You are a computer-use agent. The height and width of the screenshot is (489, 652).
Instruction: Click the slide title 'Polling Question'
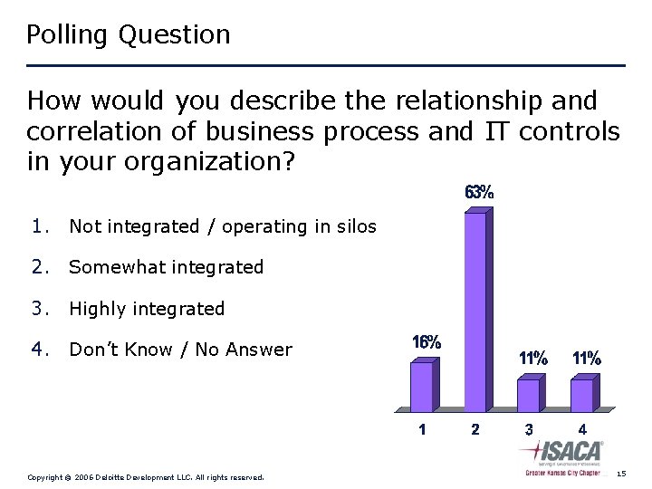[129, 35]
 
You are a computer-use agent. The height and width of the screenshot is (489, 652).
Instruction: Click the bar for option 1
[423, 387]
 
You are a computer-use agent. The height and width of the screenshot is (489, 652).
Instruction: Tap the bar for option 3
[529, 395]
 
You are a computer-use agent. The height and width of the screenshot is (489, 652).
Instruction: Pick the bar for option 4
[582, 395]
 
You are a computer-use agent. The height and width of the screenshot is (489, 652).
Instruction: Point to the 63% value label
[479, 193]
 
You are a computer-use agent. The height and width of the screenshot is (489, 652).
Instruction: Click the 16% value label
[427, 343]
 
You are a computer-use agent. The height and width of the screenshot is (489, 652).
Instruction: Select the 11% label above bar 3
[532, 359]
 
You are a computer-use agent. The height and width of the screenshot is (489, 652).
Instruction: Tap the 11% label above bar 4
[586, 359]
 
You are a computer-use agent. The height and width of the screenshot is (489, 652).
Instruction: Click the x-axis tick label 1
[423, 429]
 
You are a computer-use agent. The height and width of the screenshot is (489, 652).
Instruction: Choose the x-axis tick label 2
[475, 429]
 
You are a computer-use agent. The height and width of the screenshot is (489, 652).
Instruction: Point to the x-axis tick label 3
[529, 429]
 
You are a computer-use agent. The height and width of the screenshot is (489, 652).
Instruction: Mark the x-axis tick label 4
[582, 429]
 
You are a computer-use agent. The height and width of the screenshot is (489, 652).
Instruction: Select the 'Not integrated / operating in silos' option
[222, 226]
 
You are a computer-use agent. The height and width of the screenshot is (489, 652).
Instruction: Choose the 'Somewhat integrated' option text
[166, 267]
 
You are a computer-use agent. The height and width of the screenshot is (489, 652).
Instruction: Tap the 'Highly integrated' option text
[147, 309]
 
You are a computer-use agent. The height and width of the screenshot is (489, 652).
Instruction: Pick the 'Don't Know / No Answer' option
[180, 350]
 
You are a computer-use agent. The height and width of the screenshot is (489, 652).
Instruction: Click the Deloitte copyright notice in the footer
[146, 476]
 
